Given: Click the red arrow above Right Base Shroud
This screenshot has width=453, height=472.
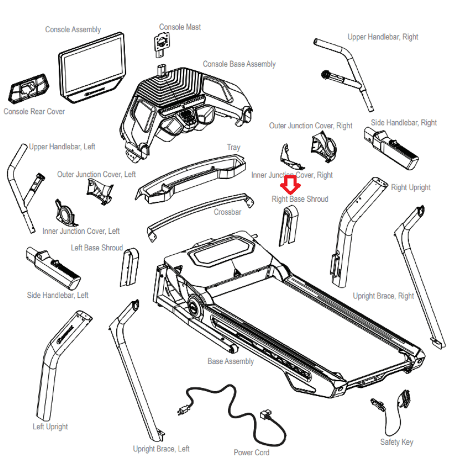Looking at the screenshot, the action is pos(290,185).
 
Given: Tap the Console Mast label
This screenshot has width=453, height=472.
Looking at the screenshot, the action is pos(180,27).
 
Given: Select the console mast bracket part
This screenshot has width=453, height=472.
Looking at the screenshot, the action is pos(162,45).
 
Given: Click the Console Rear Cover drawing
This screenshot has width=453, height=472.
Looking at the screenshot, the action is pos(29,88).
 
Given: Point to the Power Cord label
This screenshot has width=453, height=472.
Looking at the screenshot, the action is pos(252,452).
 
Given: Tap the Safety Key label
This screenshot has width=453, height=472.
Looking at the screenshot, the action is pos(397,442).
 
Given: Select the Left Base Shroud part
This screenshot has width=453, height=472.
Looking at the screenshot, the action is pos(129,267).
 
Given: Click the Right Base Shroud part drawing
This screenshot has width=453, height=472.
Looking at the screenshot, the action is pos(288,226).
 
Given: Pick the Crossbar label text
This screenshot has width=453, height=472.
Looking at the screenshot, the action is pos(227,212).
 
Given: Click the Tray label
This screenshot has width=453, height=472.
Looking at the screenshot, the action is pos(234,147).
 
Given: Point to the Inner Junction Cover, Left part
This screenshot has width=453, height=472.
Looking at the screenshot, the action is pos(65,213).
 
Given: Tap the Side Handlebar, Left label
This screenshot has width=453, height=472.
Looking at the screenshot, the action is pos(58,295).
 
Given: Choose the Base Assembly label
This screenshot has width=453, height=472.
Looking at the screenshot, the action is pos(231,361).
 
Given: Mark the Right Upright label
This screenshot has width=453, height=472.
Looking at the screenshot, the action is pos(411,187).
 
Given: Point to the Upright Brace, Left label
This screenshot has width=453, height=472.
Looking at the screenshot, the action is pos(161,449).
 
